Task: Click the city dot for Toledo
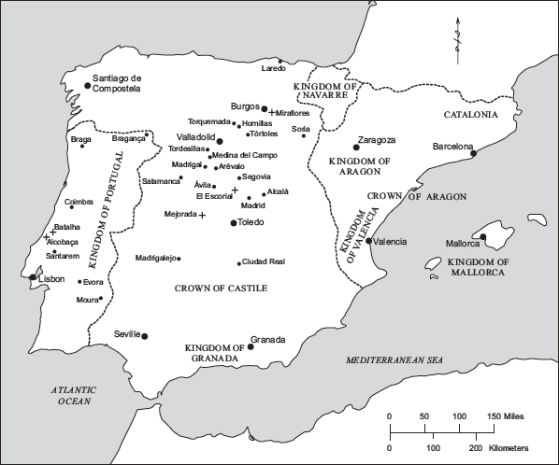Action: [x=234, y=222]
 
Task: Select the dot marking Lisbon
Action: [x=34, y=277]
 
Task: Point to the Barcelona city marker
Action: [x=474, y=154]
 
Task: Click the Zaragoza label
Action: [x=378, y=139]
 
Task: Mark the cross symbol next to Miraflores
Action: [x=272, y=113]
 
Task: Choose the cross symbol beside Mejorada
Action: [x=202, y=215]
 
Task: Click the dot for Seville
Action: [x=144, y=336]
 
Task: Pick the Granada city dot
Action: [x=251, y=347]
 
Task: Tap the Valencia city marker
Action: [x=369, y=241]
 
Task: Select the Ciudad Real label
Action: [x=263, y=262]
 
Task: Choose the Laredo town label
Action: [x=273, y=68]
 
